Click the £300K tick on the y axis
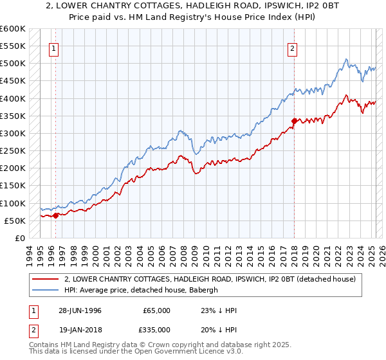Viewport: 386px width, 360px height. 12,133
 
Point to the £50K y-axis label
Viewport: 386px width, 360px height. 15,221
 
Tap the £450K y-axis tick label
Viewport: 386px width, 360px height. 12,80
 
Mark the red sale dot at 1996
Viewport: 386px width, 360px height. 56,215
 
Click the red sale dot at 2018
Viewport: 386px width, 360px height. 294,121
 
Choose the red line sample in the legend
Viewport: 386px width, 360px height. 45,279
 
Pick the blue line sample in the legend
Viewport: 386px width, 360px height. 45,290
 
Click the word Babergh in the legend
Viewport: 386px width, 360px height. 203,290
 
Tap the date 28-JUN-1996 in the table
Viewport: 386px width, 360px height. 81,310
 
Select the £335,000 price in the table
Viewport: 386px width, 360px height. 156,331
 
